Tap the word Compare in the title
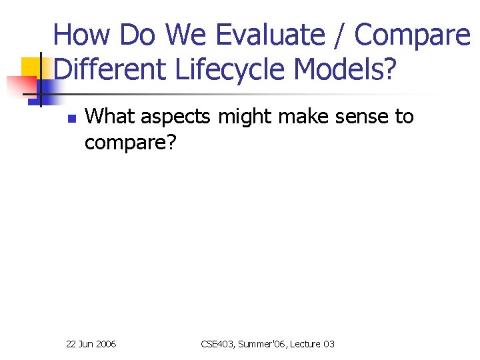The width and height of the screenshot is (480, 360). click(412, 35)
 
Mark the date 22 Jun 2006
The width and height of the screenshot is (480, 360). click(91, 344)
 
